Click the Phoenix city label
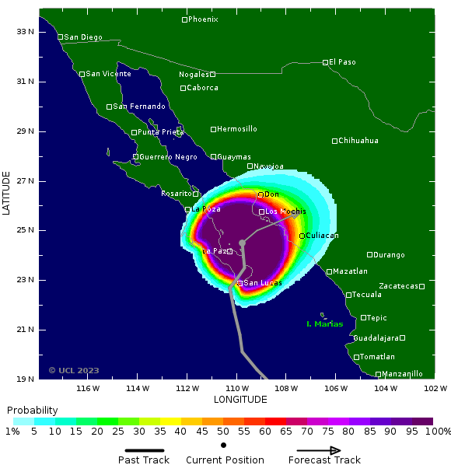tap(204, 19)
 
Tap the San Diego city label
tap(83, 37)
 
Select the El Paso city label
tap(342, 62)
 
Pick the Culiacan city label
tap(323, 236)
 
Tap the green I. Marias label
tap(324, 324)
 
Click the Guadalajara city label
tap(376, 338)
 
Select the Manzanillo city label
tap(403, 374)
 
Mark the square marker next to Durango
tap(370, 254)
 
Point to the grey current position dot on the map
tap(242, 243)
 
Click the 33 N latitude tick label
tap(26, 32)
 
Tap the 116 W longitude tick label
tap(88, 388)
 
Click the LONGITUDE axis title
tap(240, 400)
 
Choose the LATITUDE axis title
tap(7, 194)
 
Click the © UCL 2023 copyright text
tap(74, 371)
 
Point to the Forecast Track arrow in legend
tap(319, 450)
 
